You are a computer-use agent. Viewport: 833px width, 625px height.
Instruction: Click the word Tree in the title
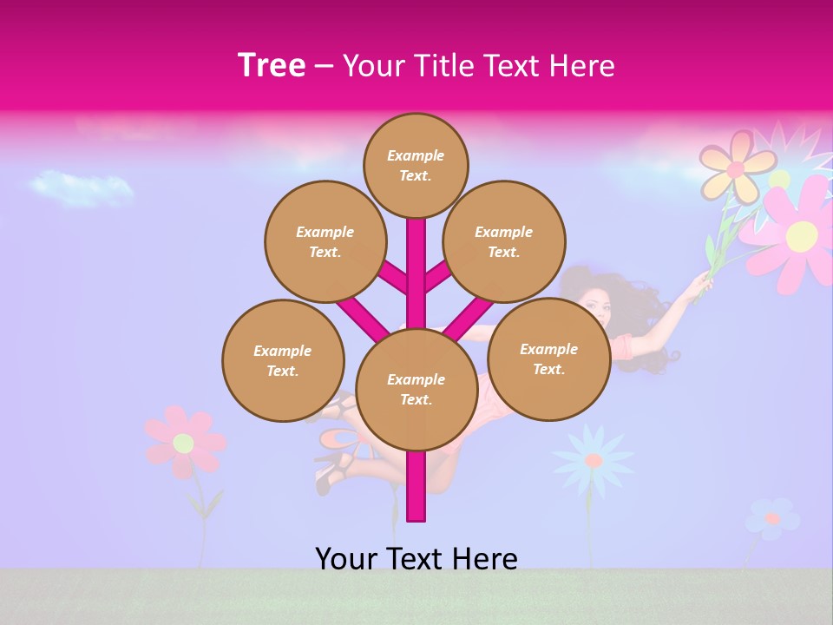(272, 65)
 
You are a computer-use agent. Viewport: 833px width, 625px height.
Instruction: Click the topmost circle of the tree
(416, 165)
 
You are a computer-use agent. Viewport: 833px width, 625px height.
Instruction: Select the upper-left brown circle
(325, 241)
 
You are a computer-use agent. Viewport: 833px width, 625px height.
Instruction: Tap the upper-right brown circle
(503, 241)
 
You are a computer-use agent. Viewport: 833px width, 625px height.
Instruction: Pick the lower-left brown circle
(283, 360)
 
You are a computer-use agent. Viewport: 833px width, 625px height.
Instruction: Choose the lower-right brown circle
(548, 359)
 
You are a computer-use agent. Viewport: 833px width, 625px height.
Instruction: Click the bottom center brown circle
(416, 389)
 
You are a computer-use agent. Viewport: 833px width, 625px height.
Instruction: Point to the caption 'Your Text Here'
(416, 558)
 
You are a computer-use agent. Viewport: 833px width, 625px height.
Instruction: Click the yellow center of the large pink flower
(801, 234)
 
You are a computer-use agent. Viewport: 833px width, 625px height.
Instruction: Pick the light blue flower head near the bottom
(594, 459)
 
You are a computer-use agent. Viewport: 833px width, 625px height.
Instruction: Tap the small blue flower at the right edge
(771, 518)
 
